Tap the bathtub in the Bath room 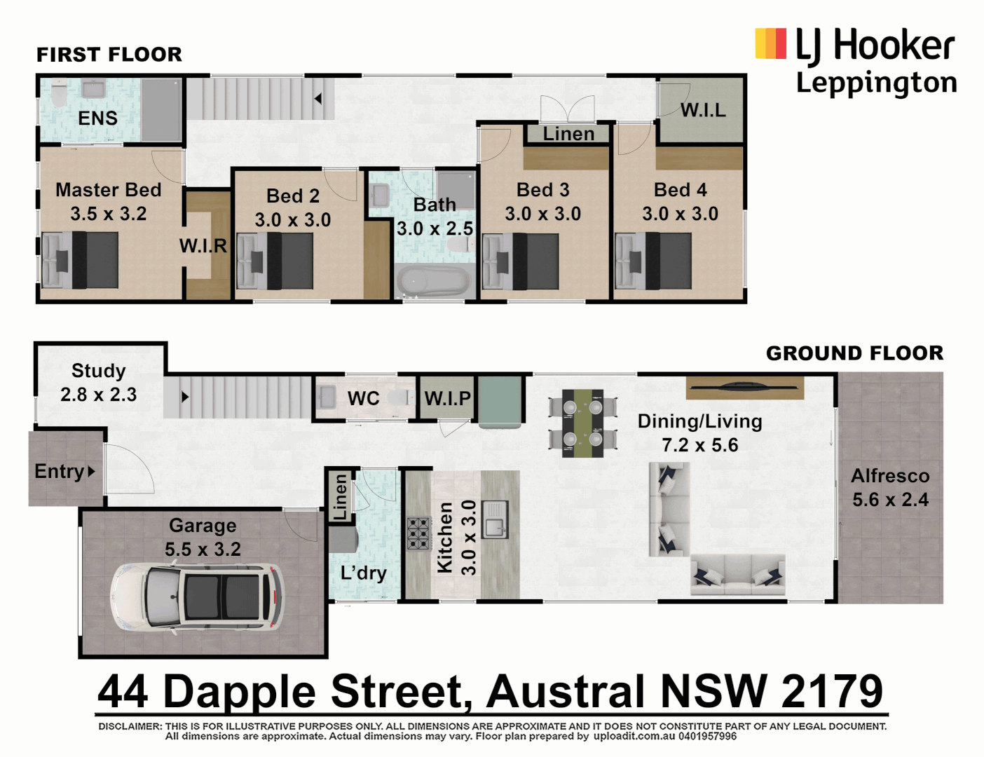pos(433,282)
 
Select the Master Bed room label pos(109,190)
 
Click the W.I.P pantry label pos(447,398)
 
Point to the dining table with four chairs pos(582,423)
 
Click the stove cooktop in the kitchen pos(418,533)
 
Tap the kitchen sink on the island pos(496,519)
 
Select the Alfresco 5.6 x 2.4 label pos(890,487)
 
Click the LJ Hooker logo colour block pos(770,43)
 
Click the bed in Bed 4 pos(653,261)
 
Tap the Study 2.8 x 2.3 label pos(99,383)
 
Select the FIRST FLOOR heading pos(109,54)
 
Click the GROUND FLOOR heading pos(854,353)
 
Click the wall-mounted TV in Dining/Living pos(744,385)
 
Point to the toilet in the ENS pos(58,94)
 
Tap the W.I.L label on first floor pos(703,110)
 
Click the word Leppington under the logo pos(876,83)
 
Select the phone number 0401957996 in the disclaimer pos(708,737)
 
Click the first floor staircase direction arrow pos(318,99)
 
